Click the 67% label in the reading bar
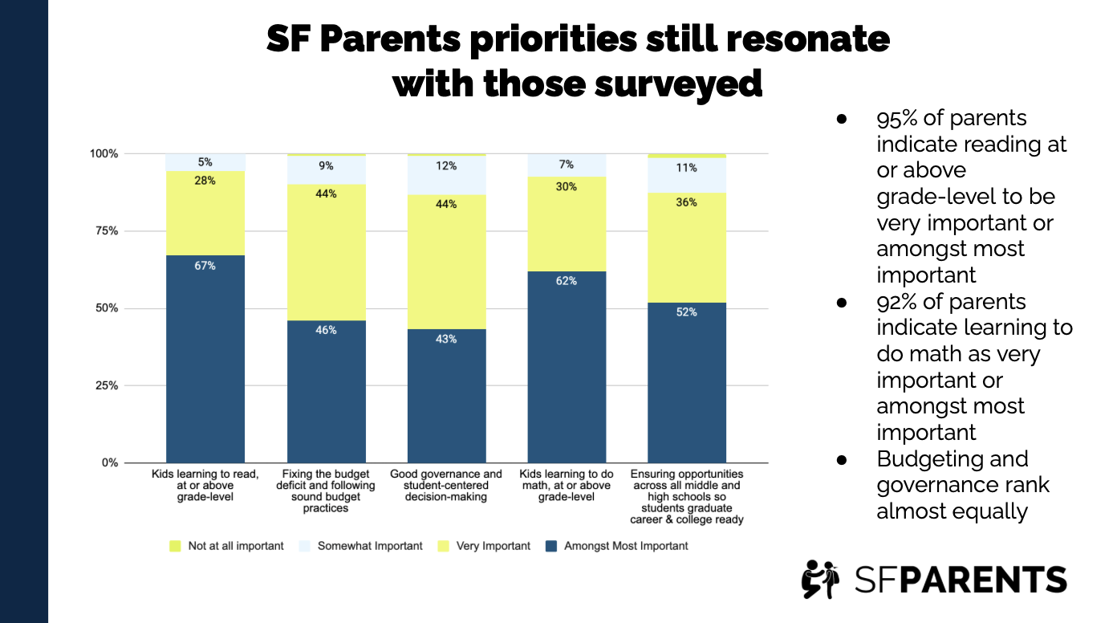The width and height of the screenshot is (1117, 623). tap(205, 266)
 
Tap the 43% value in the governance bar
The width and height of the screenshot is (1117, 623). tap(446, 339)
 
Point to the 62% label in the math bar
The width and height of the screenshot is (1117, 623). tap(567, 281)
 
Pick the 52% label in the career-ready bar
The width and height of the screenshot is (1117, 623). tap(686, 312)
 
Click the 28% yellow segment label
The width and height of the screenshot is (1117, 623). tap(205, 181)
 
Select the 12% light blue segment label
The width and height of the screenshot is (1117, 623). tap(446, 166)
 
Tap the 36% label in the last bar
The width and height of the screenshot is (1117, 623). tap(686, 202)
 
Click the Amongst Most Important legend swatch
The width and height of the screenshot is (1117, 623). tap(550, 546)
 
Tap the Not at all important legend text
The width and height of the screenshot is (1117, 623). tap(236, 546)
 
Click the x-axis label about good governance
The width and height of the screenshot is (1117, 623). tap(446, 485)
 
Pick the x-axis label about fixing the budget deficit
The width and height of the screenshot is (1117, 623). tap(326, 491)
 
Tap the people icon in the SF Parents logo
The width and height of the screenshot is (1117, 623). tap(819, 579)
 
